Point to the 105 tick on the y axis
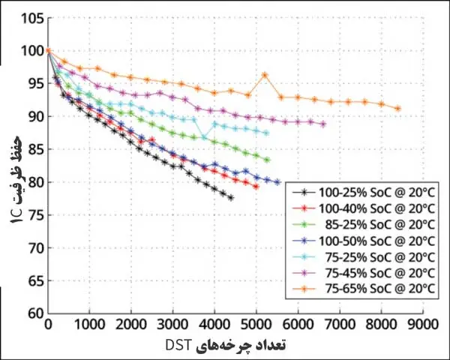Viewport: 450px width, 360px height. [31, 18]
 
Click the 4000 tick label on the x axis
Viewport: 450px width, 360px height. [214, 324]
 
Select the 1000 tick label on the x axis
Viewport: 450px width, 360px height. [89, 324]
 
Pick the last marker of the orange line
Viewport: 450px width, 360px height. [398, 109]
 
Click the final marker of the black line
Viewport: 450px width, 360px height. [231, 198]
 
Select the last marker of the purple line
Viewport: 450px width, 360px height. [323, 124]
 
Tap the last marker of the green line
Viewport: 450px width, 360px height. [267, 160]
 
